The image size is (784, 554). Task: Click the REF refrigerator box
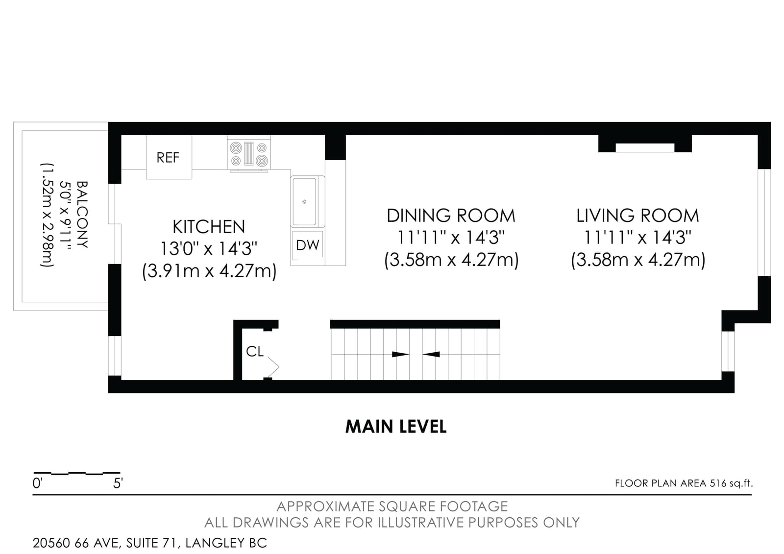(169, 157)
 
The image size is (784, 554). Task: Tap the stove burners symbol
(249, 154)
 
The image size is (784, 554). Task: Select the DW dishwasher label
(307, 245)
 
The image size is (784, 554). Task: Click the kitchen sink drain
(304, 202)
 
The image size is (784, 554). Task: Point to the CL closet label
(254, 351)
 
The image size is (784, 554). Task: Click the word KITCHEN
(209, 227)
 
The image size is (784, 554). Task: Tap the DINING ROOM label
(451, 216)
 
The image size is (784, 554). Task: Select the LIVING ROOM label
(637, 216)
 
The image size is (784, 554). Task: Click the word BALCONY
(82, 215)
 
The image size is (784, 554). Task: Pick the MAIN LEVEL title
(396, 427)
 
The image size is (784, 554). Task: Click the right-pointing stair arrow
(400, 354)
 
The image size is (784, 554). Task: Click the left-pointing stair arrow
(431, 354)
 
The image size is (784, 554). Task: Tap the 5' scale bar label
(118, 483)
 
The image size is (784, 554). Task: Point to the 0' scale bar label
(37, 483)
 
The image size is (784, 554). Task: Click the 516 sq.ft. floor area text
(731, 483)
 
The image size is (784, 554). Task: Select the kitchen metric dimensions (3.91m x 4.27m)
(209, 271)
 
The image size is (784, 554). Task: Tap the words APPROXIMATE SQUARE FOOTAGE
(392, 506)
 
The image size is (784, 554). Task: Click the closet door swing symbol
(273, 367)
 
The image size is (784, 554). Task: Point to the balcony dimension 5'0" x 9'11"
(65, 215)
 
